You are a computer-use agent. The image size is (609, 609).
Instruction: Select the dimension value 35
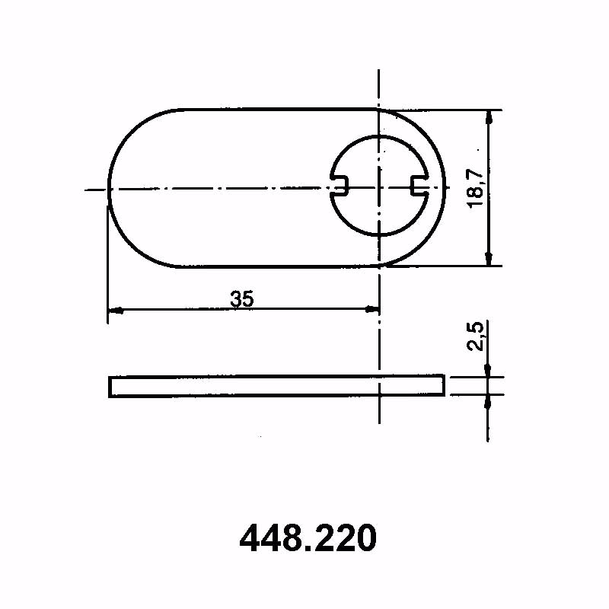click(242, 299)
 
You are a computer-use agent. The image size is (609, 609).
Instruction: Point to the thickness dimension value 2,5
click(476, 336)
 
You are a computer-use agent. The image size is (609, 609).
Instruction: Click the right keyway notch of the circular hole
click(418, 185)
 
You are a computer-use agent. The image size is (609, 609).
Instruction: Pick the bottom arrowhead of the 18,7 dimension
click(488, 260)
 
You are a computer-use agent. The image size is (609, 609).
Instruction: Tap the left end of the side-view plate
click(110, 386)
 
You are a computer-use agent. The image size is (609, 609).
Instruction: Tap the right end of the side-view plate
click(443, 385)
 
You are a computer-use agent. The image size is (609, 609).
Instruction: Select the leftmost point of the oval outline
click(108, 188)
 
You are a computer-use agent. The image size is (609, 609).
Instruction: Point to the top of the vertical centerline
click(378, 70)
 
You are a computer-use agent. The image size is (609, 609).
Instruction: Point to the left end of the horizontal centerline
click(88, 189)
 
